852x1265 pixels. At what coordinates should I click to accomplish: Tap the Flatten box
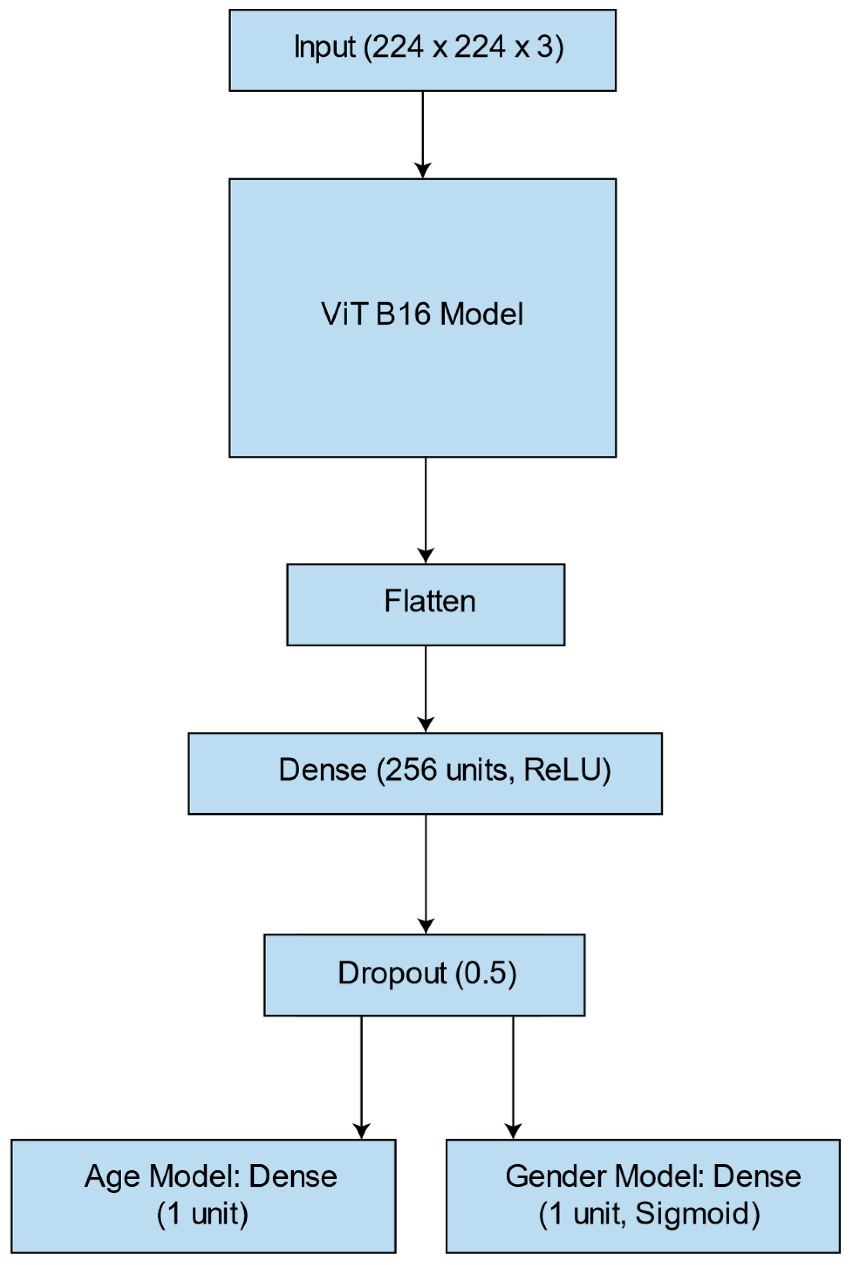click(426, 605)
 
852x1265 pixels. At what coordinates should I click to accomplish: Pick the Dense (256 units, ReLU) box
click(425, 773)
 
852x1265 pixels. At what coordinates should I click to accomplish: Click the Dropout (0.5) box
click(424, 975)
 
